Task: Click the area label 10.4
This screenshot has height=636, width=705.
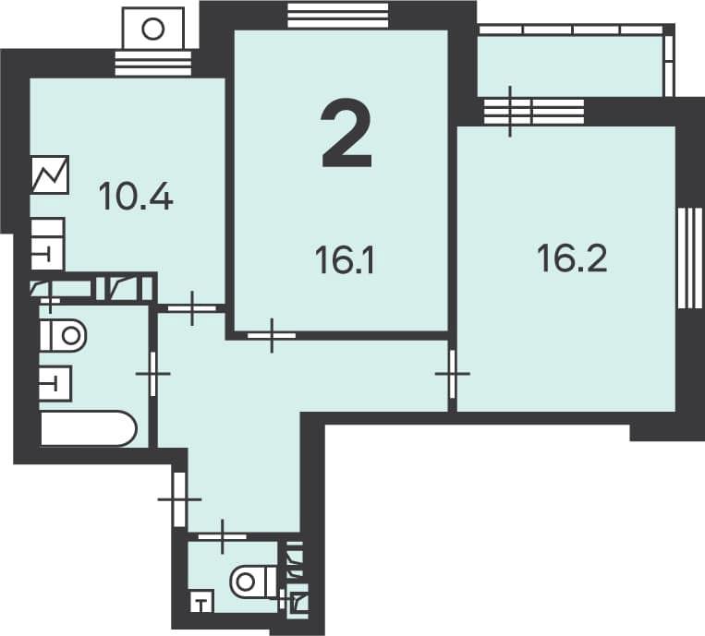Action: [136, 197]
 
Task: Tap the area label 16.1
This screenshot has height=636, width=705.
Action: [345, 260]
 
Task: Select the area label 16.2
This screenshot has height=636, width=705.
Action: [572, 258]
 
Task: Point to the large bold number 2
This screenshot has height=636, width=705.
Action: [346, 134]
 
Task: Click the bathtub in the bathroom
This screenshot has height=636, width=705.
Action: [88, 428]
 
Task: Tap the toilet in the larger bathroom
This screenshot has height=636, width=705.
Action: [63, 335]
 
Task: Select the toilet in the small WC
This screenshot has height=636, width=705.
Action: [253, 582]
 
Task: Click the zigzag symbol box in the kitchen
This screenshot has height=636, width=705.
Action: [50, 174]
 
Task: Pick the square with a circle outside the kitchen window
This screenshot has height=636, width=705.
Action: [153, 28]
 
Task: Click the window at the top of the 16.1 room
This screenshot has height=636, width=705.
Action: [337, 16]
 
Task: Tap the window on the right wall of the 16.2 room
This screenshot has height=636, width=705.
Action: [689, 258]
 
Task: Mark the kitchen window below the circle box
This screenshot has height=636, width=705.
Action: [153, 63]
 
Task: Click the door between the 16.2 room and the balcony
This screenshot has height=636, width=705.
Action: [534, 112]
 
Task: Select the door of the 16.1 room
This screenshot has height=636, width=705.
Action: [272, 335]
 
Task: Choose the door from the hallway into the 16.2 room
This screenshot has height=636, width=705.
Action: [453, 374]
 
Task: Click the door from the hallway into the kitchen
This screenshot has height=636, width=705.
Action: [192, 308]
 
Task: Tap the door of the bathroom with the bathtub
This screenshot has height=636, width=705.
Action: [152, 374]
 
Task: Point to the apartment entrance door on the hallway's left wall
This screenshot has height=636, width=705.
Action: [179, 499]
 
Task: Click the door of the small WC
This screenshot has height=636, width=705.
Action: [223, 536]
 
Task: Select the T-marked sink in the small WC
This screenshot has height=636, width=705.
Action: [201, 603]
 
